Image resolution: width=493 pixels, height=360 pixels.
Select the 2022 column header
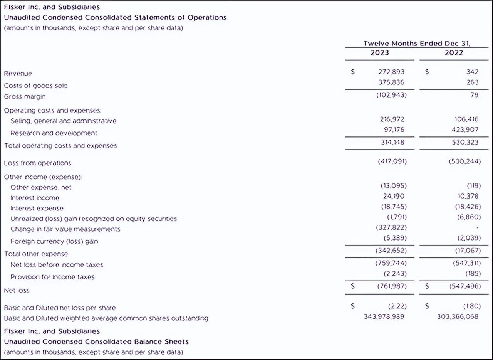point(454,53)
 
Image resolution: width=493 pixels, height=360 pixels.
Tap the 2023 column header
point(380,53)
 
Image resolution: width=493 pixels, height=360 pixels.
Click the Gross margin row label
point(25,96)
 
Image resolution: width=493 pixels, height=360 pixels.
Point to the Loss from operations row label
point(37,163)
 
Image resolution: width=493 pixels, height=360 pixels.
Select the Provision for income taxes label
point(52,277)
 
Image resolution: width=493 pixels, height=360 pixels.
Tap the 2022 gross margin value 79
point(474,95)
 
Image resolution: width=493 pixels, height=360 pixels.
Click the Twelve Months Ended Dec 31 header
point(417,44)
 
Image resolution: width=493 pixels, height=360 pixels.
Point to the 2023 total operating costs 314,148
point(392,142)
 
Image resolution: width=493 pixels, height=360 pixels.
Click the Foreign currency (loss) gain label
point(54,241)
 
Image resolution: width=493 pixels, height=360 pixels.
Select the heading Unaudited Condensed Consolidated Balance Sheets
point(96,341)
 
